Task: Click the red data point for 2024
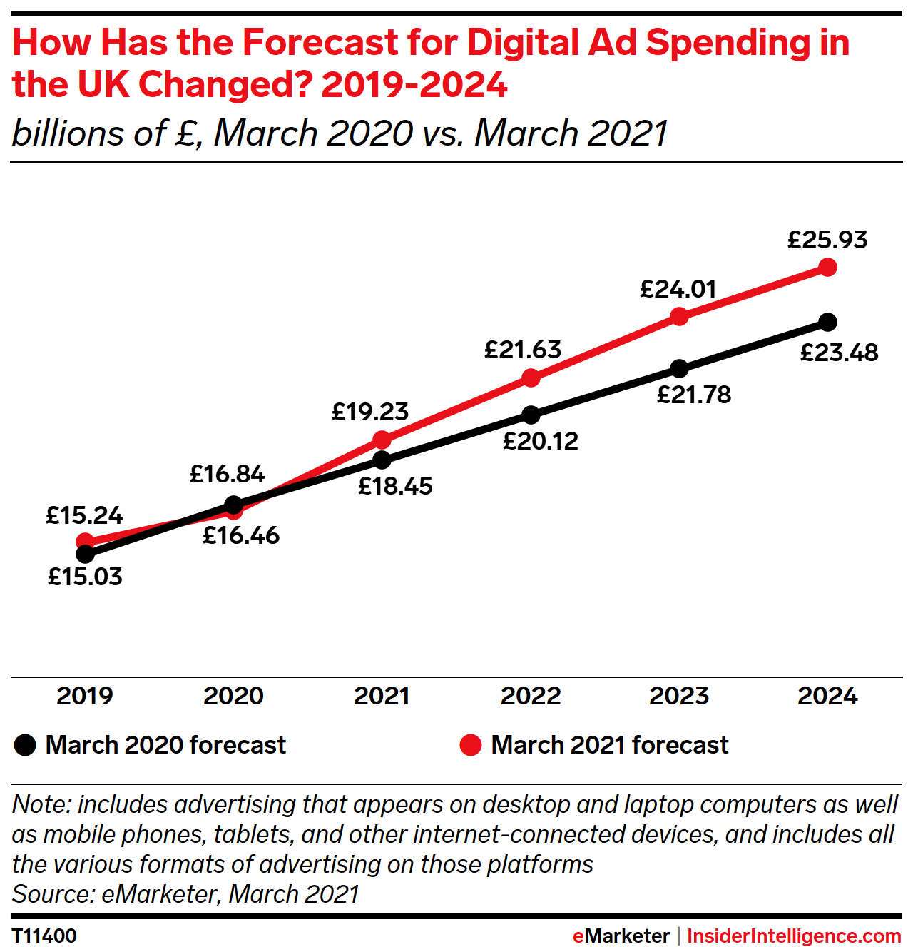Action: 827,268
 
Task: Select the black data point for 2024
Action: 827,322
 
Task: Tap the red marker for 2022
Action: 531,378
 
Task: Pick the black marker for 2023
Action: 680,368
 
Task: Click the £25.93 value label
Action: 827,240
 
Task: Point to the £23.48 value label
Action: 839,353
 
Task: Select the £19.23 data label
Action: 370,412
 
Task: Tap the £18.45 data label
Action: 395,487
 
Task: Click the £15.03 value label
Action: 85,577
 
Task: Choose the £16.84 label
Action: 227,474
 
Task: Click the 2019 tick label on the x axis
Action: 85,696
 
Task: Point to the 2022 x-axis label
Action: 531,696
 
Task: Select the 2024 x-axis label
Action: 827,696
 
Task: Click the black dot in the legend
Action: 25,745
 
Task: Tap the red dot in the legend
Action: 471,745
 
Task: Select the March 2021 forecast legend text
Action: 610,745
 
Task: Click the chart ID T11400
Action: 44,936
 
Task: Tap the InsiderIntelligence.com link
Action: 794,936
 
